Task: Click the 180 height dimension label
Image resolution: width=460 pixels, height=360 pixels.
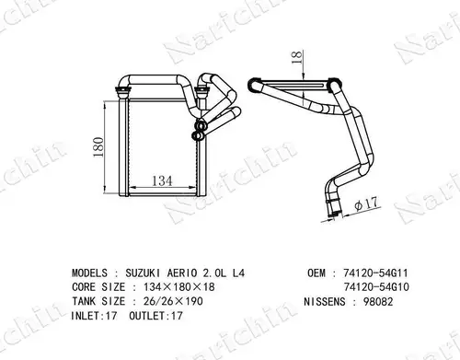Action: pos(98,147)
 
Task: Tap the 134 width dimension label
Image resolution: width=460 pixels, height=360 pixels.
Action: pos(162,180)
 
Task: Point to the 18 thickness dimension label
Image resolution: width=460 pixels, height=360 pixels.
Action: pos(296,57)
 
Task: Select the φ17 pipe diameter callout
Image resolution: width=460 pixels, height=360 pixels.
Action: pos(366,203)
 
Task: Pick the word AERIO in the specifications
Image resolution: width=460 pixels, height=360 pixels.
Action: pos(182,273)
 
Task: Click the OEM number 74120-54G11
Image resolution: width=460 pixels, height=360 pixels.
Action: pos(375,273)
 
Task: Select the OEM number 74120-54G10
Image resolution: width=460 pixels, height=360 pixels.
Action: pos(376,287)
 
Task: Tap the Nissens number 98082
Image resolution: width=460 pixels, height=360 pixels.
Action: pos(378,302)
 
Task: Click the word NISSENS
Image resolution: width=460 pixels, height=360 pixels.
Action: pos(325,302)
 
